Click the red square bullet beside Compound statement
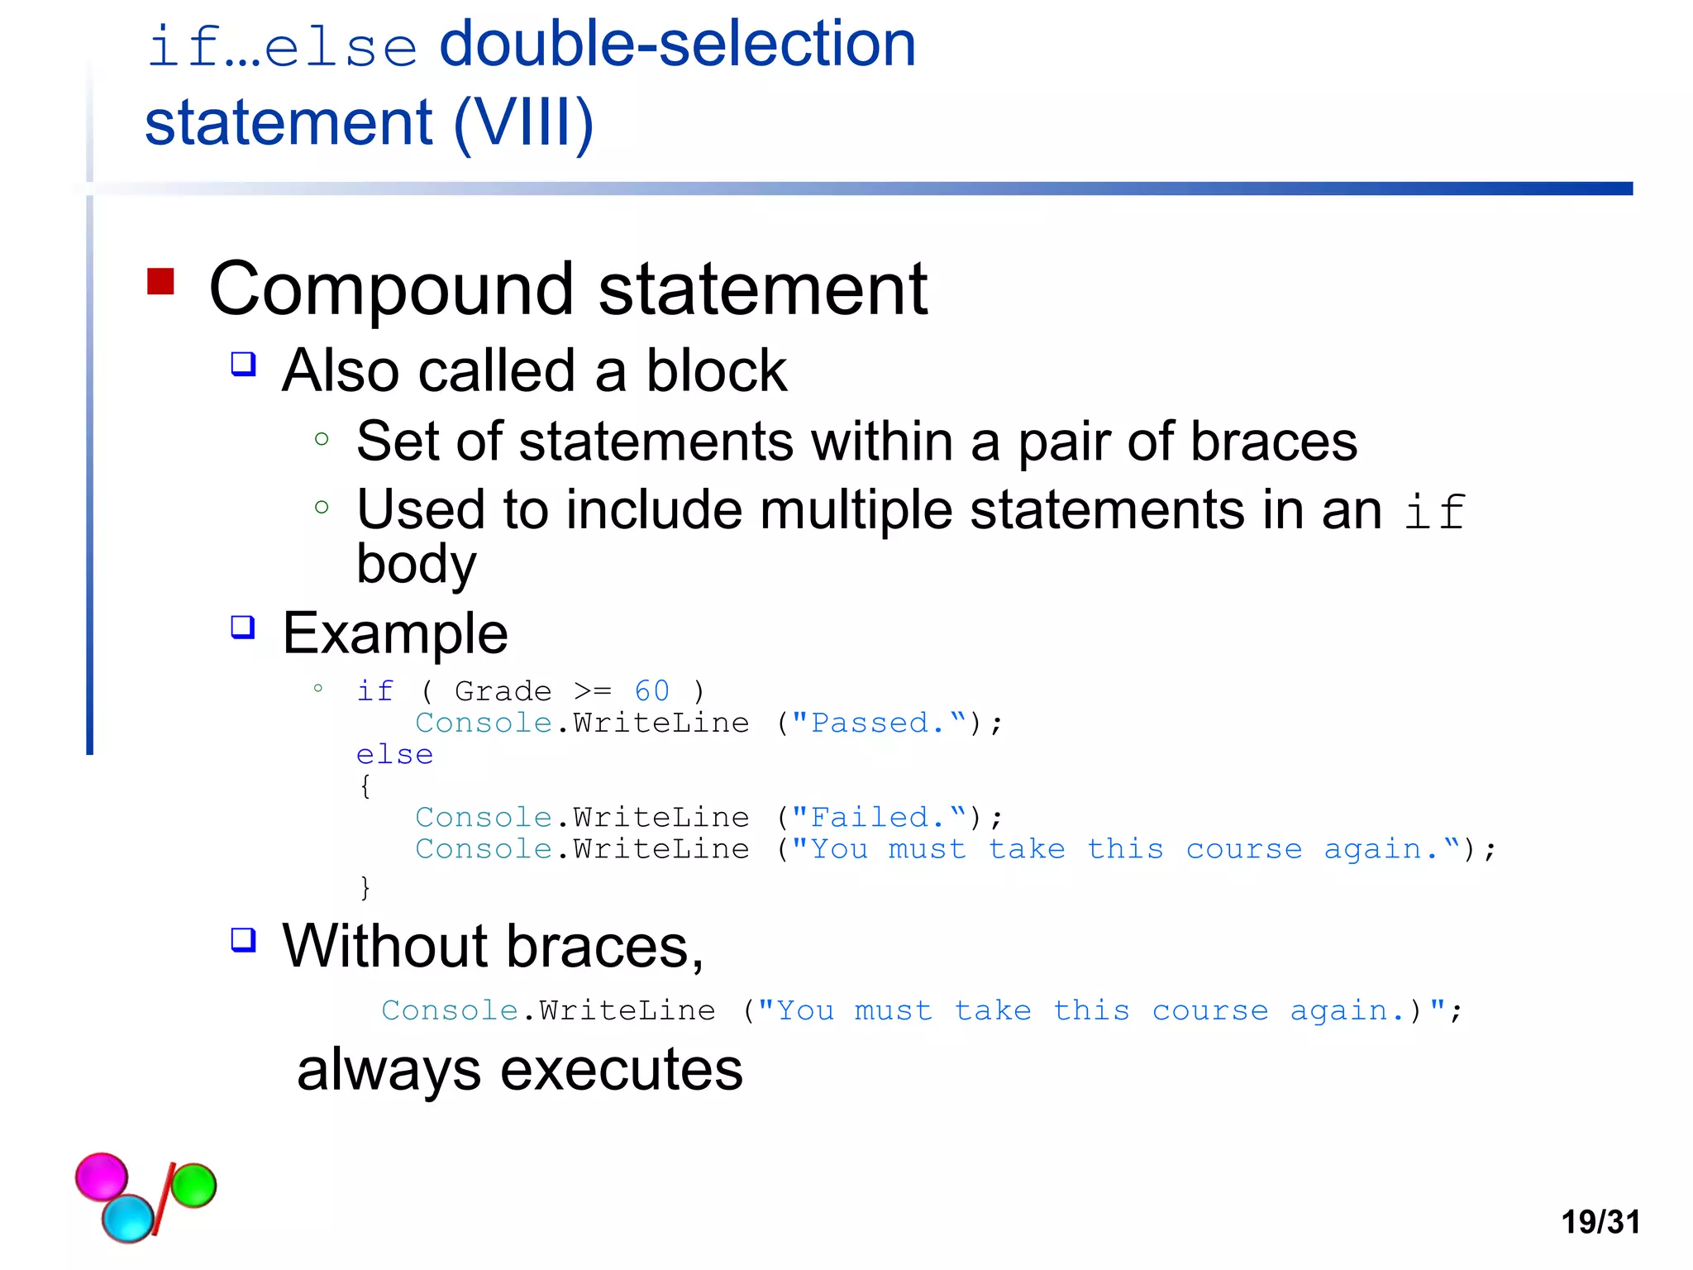pyautogui.click(x=160, y=281)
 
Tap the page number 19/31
pyautogui.click(x=1600, y=1221)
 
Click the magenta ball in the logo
pyautogui.click(x=102, y=1176)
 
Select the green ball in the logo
pyautogui.click(x=193, y=1185)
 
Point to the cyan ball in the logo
pyautogui.click(x=128, y=1218)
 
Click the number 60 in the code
pyautogui.click(x=651, y=690)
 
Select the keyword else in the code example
pyautogui.click(x=394, y=754)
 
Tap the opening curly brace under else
pyautogui.click(x=365, y=785)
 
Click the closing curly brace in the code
pyautogui.click(x=365, y=887)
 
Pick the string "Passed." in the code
pyautogui.click(x=878, y=723)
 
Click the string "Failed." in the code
pyautogui.click(x=878, y=817)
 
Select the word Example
pyautogui.click(x=395, y=633)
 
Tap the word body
pyautogui.click(x=416, y=565)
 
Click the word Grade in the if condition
pyautogui.click(x=503, y=690)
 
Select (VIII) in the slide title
pyautogui.click(x=523, y=122)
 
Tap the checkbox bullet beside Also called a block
pyautogui.click(x=243, y=364)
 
